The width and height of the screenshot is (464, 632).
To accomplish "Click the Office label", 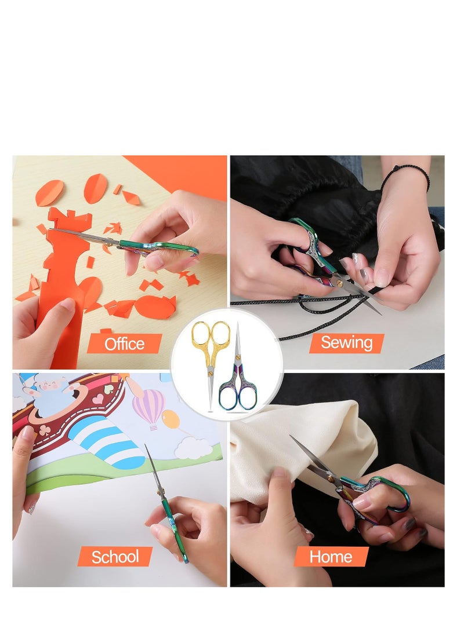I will (x=124, y=344).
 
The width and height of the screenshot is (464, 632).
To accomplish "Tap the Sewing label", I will (x=346, y=342).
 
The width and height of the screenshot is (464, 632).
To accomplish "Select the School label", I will (x=115, y=557).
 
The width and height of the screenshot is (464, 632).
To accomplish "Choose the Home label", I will (x=331, y=557).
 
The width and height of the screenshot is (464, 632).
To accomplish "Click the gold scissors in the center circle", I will (x=211, y=353).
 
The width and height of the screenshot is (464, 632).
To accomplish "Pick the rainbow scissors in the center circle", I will (x=238, y=377).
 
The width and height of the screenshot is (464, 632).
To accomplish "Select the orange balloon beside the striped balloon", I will (x=171, y=418).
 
